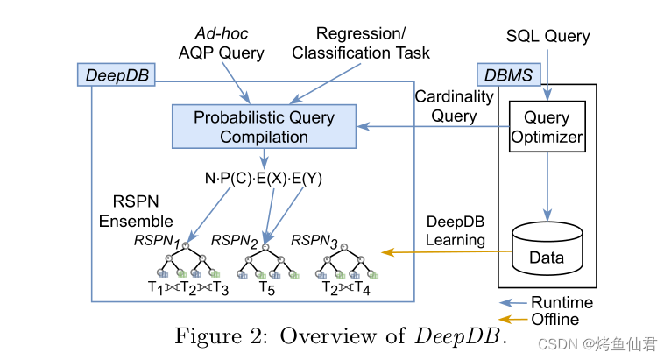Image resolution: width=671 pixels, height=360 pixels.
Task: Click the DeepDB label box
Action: click(117, 75)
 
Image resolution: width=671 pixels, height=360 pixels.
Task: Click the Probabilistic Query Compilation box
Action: click(264, 127)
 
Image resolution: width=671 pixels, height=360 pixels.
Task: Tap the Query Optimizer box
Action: click(547, 126)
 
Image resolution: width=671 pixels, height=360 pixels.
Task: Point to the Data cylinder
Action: click(547, 249)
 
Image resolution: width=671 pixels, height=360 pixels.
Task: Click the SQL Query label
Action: click(548, 37)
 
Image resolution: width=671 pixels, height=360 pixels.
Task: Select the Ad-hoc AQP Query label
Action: click(223, 44)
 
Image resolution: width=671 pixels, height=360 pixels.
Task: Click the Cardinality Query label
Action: click(446, 106)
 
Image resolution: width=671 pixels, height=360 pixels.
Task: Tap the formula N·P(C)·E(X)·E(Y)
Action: click(263, 178)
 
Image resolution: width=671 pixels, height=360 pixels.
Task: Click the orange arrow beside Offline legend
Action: click(513, 317)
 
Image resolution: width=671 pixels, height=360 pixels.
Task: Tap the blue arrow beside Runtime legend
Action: click(513, 303)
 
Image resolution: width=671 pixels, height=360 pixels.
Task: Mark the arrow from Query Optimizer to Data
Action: click(547, 184)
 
